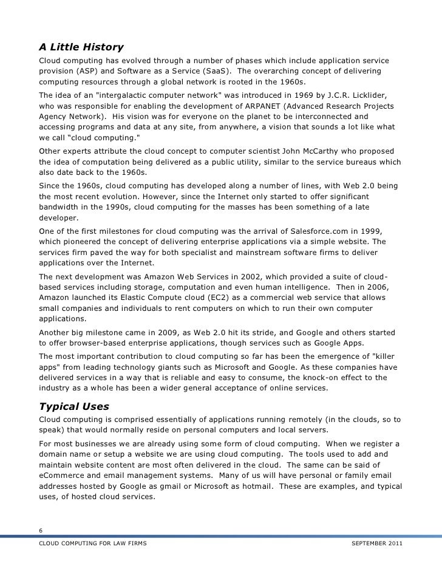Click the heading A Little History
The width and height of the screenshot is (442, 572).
tap(81, 47)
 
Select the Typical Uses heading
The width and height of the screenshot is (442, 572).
tap(76, 406)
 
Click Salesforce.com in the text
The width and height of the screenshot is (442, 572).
tap(312, 230)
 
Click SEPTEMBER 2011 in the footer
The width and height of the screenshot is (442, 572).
tap(376, 543)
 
